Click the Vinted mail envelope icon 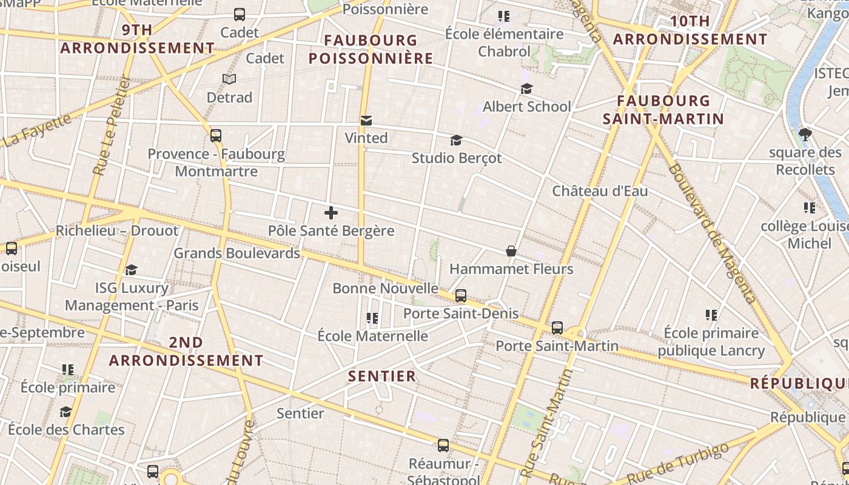tap(366, 121)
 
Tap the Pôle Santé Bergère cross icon tap(331, 213)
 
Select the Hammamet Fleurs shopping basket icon tap(511, 251)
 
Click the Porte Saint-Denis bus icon tap(461, 296)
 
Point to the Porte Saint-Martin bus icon tap(557, 328)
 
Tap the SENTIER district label tap(382, 376)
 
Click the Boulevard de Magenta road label tap(712, 233)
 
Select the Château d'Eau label tap(600, 191)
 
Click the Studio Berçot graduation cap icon tap(456, 141)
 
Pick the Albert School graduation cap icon tap(526, 89)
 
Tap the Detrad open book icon tap(229, 79)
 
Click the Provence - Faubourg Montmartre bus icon tap(216, 136)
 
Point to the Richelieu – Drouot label tap(117, 231)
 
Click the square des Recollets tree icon tap(805, 134)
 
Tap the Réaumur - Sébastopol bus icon tap(443, 446)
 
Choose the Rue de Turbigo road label tap(678, 464)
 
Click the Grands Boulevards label tap(237, 253)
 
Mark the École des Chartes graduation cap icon tap(65, 412)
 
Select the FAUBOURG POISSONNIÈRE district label tap(371, 50)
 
